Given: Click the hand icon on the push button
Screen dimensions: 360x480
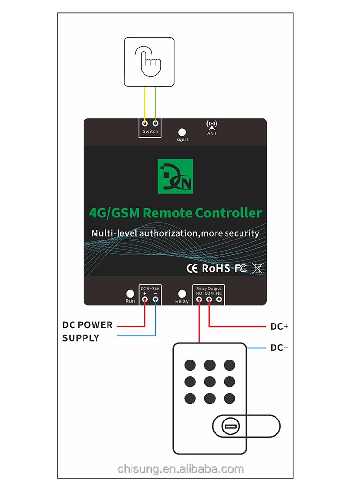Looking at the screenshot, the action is coord(148,61).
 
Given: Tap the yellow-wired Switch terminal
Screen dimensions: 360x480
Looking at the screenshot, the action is coord(145,123).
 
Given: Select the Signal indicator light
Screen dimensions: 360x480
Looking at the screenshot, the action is coord(182,132).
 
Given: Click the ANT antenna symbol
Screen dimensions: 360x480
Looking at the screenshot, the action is coord(212,125).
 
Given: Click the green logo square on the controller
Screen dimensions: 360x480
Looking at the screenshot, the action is coord(175,176).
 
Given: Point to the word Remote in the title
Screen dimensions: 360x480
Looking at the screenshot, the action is coord(168,213).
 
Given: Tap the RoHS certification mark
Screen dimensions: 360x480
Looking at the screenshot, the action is coord(216,268).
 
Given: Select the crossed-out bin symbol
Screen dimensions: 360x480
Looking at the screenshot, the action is coord(258,268).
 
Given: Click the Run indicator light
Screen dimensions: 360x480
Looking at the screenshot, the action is coord(130,294).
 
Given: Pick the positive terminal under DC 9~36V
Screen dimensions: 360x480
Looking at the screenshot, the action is coord(145,299).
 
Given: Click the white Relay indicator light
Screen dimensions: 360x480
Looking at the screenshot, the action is coord(182,294).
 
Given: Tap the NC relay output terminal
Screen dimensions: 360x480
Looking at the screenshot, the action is coord(219,299).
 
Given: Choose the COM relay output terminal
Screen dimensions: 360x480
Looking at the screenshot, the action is coord(209,299).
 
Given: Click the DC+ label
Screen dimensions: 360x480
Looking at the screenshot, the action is coord(279,326).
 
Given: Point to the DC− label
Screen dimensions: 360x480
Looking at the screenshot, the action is coord(279,348).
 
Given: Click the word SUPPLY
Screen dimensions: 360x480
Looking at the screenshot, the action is coord(81,338).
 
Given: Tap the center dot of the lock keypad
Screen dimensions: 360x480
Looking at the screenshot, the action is coord(210,382).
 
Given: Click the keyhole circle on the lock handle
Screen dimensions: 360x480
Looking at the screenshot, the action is coord(230,426).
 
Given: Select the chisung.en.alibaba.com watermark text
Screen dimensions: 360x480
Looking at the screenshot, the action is coord(180,469).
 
